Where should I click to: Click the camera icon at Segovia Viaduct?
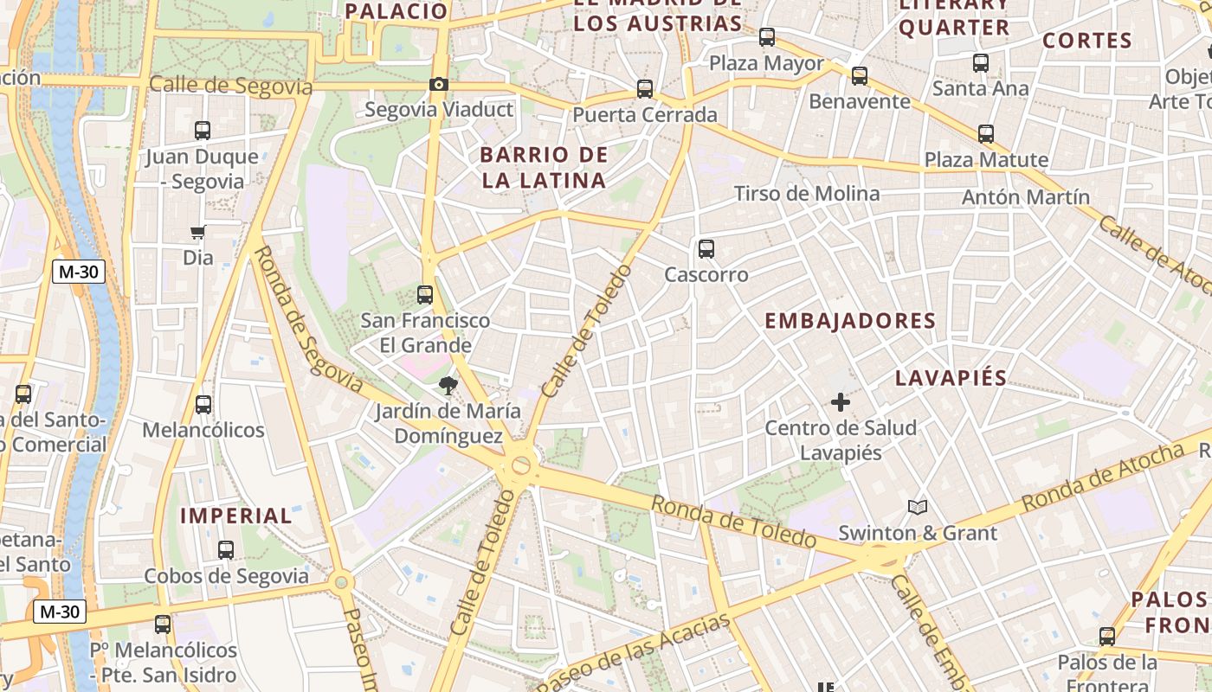pos(439,84)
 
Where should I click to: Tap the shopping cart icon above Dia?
pos(198,232)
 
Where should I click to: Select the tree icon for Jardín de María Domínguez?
pos(448,385)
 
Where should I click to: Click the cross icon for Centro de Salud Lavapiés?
pos(840,402)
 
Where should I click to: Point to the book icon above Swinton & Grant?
pos(918,507)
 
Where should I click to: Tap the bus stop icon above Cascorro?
pos(706,249)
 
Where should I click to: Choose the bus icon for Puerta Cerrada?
pos(645,88)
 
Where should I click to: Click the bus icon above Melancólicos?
pos(203,404)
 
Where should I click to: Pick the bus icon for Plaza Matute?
pos(986,134)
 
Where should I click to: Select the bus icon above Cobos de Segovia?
pos(226,549)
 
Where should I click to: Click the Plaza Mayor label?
pos(766,63)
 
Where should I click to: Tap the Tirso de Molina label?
pos(807,194)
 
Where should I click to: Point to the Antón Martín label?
pos(1026,197)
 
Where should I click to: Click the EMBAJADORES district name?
pos(850,321)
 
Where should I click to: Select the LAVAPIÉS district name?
pos(951,378)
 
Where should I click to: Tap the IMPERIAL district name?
pos(235,516)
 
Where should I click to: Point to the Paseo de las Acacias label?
pos(634,653)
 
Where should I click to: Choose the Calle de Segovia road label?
pos(230,85)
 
